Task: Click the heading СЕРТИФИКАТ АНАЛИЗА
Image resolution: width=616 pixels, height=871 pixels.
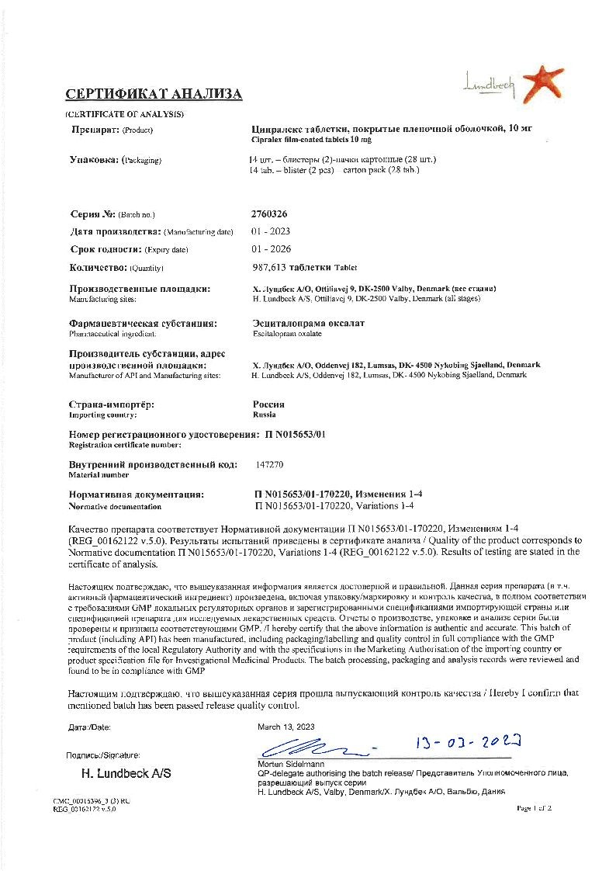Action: [x=154, y=95]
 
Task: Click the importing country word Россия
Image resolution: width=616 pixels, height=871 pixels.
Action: [x=268, y=404]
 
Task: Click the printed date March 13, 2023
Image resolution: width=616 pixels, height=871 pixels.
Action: [x=286, y=727]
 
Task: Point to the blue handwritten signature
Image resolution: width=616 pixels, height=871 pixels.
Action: [x=310, y=749]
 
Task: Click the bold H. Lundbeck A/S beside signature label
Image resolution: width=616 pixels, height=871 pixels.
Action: [x=126, y=774]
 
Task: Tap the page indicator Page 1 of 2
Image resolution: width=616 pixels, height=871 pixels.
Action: [x=534, y=808]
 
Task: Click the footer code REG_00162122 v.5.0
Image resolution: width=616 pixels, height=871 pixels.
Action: [x=85, y=808]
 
